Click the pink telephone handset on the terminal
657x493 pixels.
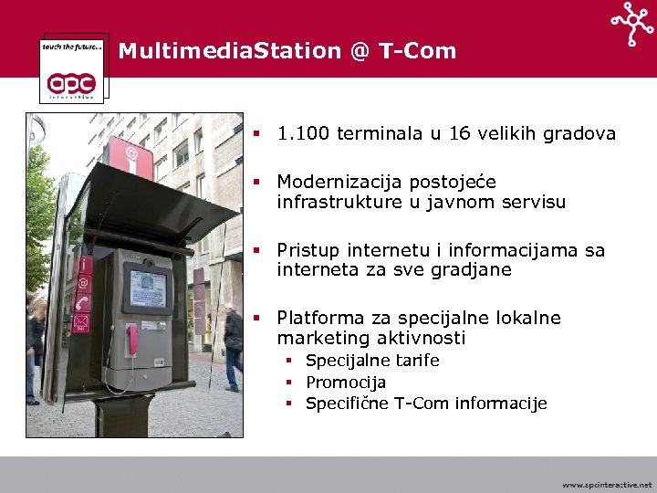pos(132,339)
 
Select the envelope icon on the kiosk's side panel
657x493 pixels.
pos(81,321)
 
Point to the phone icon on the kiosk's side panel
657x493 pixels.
pos(83,302)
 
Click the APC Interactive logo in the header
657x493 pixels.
pos(76,69)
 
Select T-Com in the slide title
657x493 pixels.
pos(417,51)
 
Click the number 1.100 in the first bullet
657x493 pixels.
pos(304,134)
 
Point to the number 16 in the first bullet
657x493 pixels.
pos(459,134)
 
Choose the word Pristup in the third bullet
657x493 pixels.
pos(308,251)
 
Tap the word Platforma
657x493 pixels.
pos(319,319)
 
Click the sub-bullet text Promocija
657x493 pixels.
pos(346,383)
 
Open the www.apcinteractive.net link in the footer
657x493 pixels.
pos(607,485)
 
